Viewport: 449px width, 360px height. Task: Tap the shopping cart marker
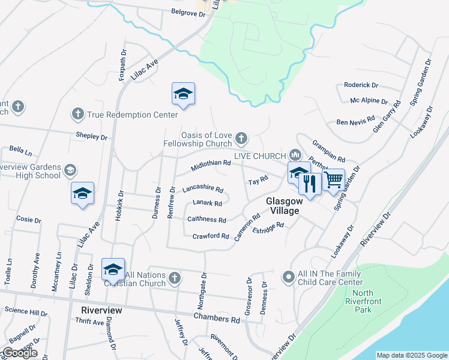[334, 179]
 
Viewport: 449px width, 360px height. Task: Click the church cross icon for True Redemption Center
[77, 113]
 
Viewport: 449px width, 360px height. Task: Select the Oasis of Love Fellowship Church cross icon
[241, 139]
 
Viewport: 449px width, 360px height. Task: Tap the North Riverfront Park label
[359, 301]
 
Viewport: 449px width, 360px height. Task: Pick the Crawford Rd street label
[211, 236]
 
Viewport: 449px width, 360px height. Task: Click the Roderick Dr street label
[361, 85]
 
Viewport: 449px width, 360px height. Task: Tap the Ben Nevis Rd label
[355, 121]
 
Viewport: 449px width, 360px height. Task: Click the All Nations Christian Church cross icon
[174, 277]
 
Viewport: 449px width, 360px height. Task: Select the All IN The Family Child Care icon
[288, 277]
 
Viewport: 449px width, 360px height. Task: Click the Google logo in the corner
[19, 353]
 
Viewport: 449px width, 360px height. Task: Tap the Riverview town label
[101, 310]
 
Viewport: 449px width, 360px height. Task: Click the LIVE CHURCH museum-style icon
[294, 155]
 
